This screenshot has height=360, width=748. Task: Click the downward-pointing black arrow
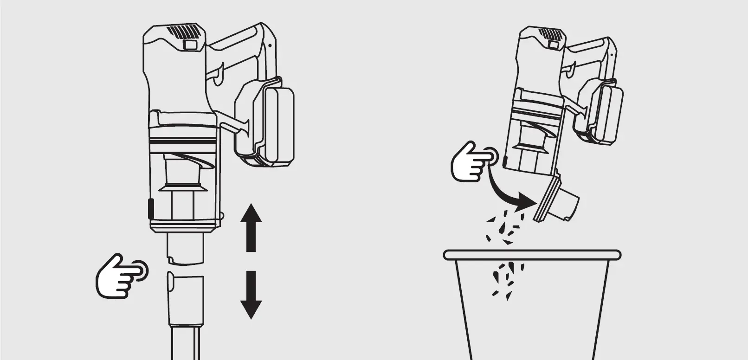[251, 295]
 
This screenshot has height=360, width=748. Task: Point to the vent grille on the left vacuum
[186, 32]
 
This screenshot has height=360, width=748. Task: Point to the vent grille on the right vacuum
[550, 35]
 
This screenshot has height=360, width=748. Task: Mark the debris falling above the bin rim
[503, 227]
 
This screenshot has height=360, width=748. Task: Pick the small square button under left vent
[190, 45]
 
